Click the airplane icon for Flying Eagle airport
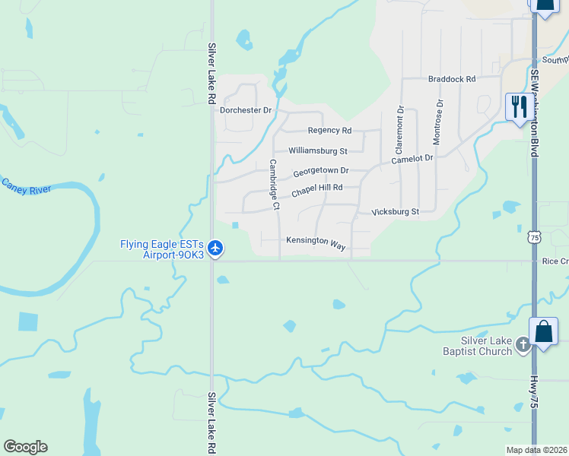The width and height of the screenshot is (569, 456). [215, 248]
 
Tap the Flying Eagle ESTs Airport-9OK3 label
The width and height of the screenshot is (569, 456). [162, 249]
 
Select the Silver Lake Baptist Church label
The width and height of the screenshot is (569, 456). [477, 346]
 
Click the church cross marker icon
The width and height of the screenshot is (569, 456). [523, 345]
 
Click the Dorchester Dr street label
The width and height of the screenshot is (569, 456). [246, 110]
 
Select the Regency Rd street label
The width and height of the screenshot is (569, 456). [329, 131]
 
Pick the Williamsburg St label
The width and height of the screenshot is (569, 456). [317, 151]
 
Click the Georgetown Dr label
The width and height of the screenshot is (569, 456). [321, 171]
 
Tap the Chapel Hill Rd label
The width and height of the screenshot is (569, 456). [318, 188]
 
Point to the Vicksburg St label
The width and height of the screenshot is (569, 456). [395, 211]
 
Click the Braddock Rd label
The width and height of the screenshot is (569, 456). [452, 79]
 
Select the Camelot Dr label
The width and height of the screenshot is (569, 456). [412, 160]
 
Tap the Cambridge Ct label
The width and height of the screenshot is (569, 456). [274, 184]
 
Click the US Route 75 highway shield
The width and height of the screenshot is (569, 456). [535, 237]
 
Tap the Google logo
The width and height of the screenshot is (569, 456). [25, 447]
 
